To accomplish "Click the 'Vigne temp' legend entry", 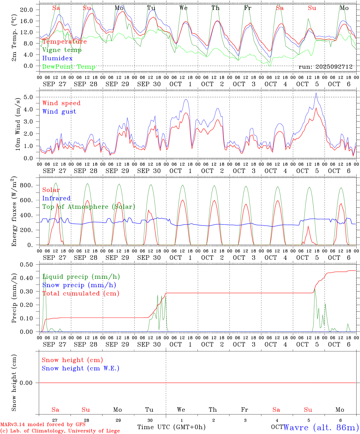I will tap(62, 50).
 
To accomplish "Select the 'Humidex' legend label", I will tap(57, 58).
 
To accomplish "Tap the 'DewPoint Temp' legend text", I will tap(69, 67).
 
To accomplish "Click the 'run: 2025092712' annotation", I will tap(325, 67).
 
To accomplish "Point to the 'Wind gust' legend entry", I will tap(59, 112).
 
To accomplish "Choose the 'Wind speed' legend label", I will tap(62, 103).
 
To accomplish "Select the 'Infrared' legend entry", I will tap(56, 198).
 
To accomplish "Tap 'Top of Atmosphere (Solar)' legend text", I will tap(89, 207).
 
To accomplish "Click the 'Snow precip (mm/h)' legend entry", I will tap(79, 285).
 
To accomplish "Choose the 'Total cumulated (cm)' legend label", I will tap(81, 294).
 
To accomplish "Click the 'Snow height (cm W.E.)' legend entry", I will tap(81, 368).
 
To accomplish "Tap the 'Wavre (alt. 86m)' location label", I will tap(321, 427).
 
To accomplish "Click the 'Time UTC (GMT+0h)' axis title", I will tap(171, 427).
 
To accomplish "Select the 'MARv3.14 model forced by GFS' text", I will tap(43, 425).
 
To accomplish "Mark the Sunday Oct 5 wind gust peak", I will tap(316, 93).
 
